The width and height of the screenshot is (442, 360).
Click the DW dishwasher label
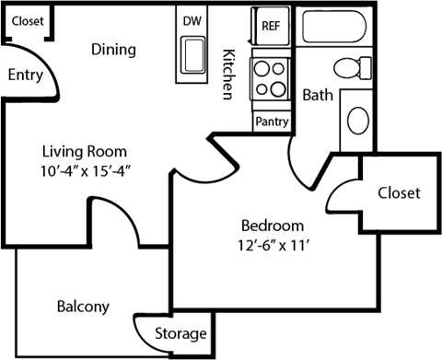pos(192,21)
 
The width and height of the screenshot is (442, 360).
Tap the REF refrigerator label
pos(271,26)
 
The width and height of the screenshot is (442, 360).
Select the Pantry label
pos(272,121)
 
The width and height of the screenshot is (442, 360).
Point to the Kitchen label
pos(227,75)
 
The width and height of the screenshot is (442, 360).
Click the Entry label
pos(25,76)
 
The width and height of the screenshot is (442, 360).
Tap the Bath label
pos(318,94)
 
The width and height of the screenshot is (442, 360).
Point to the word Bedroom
pos(272,225)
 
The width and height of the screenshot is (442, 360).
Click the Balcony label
pos(83,307)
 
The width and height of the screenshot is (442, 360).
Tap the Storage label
pos(180,333)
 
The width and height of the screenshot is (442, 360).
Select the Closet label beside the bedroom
pos(399,192)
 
